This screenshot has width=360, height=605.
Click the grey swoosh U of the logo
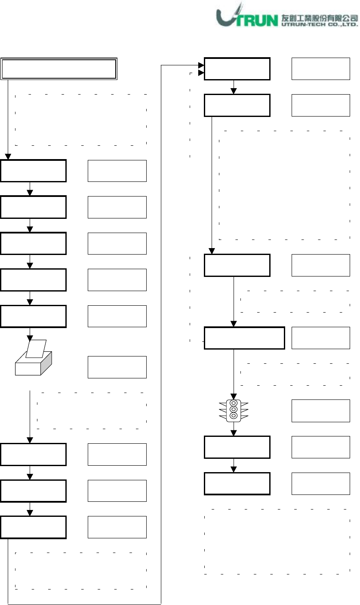tap(228, 17)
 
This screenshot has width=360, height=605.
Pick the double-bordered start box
tap(59, 69)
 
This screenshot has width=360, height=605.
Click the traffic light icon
tap(234, 409)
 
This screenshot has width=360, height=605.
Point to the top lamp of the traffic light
tap(234, 403)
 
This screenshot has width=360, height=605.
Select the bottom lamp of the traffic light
tap(234, 416)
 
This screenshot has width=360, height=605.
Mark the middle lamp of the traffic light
tap(234, 409)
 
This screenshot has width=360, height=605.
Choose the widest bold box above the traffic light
tap(244, 338)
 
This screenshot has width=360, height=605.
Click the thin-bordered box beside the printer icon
tap(117, 367)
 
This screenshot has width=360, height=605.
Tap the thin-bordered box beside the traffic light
tap(320, 411)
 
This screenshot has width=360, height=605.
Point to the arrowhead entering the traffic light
tap(234, 396)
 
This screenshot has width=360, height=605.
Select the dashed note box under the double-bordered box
tap(81, 119)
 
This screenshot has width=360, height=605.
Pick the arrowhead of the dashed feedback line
tap(200, 74)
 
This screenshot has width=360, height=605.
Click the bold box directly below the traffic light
tap(237, 447)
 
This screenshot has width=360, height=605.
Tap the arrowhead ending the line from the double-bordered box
tap(8, 157)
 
